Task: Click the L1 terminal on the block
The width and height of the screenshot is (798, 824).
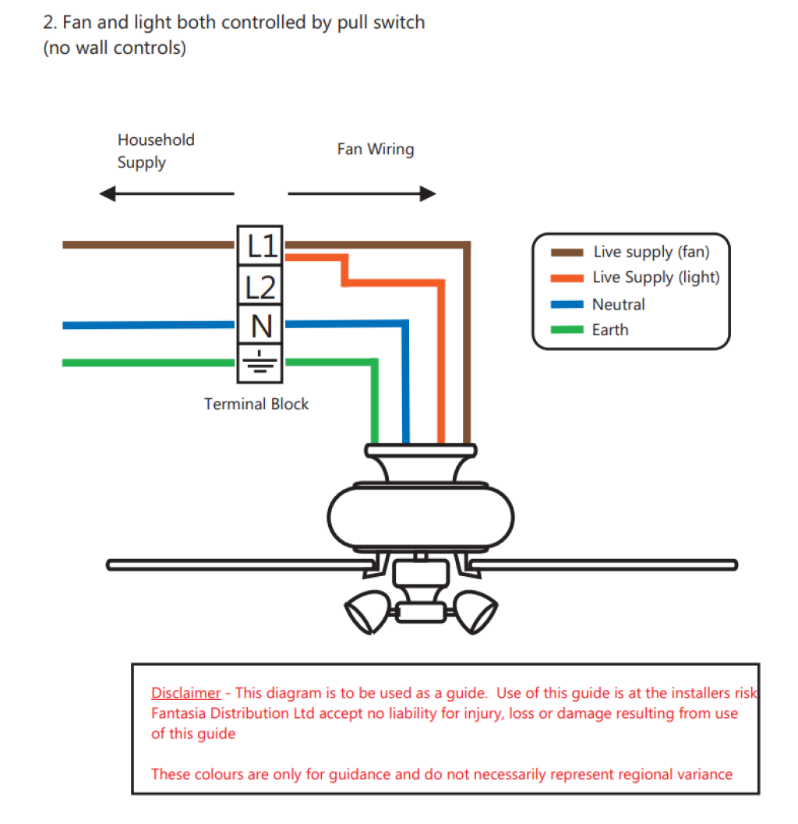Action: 260,246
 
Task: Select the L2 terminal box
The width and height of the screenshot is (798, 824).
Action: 260,285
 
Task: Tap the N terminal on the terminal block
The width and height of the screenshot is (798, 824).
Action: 260,325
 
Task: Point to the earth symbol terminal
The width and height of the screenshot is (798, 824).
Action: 260,363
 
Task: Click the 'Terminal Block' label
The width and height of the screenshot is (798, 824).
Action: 256,404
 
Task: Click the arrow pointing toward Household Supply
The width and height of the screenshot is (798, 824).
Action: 167,194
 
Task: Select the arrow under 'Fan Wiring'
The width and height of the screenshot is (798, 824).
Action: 362,194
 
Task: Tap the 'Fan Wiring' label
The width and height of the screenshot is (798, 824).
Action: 376,149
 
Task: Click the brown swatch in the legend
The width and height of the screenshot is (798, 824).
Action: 567,253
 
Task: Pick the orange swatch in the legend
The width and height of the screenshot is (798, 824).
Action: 567,278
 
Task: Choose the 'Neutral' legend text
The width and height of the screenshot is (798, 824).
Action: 618,304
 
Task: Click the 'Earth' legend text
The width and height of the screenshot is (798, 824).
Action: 610,330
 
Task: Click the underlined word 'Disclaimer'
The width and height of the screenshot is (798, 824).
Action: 186,692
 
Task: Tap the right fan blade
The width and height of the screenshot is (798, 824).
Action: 603,565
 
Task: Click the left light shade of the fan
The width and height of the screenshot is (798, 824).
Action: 369,611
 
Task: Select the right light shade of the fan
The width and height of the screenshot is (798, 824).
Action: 475,611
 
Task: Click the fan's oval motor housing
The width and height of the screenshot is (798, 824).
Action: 420,517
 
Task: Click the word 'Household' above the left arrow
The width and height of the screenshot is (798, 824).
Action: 156,140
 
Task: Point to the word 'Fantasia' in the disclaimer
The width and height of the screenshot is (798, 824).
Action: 178,713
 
